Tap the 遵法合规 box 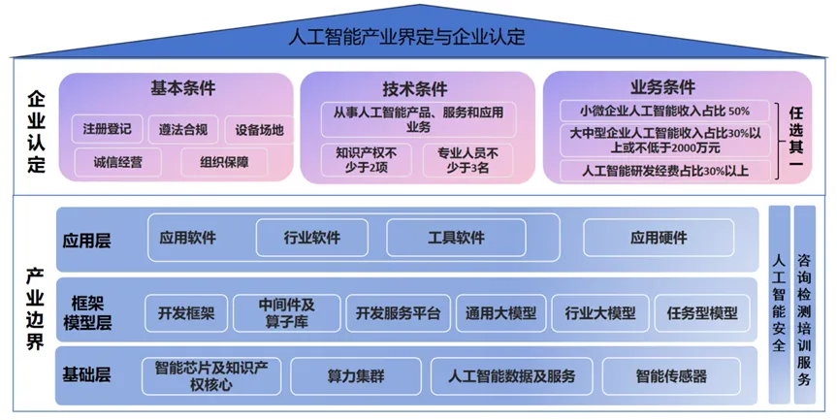183,129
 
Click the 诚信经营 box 126,162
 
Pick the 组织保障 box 224,162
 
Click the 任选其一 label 797,140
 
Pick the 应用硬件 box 659,238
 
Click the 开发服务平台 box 398,313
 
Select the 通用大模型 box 500,313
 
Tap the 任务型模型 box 702,313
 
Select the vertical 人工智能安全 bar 778,303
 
